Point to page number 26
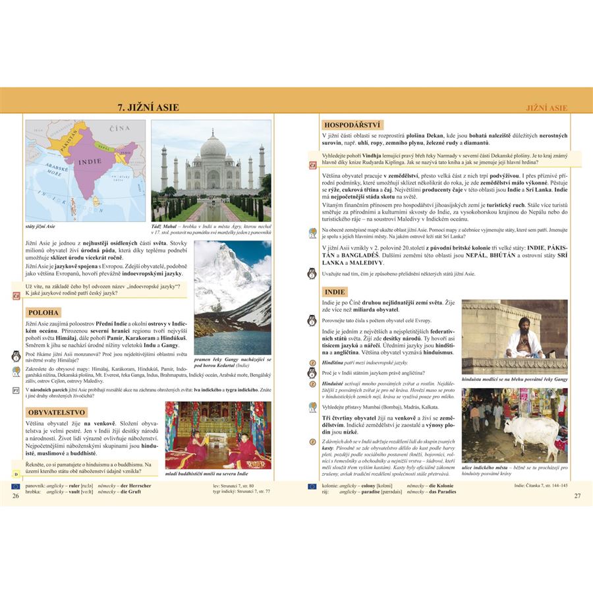pos(16,495)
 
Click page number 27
pos(578,495)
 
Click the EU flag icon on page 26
pos(16,486)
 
